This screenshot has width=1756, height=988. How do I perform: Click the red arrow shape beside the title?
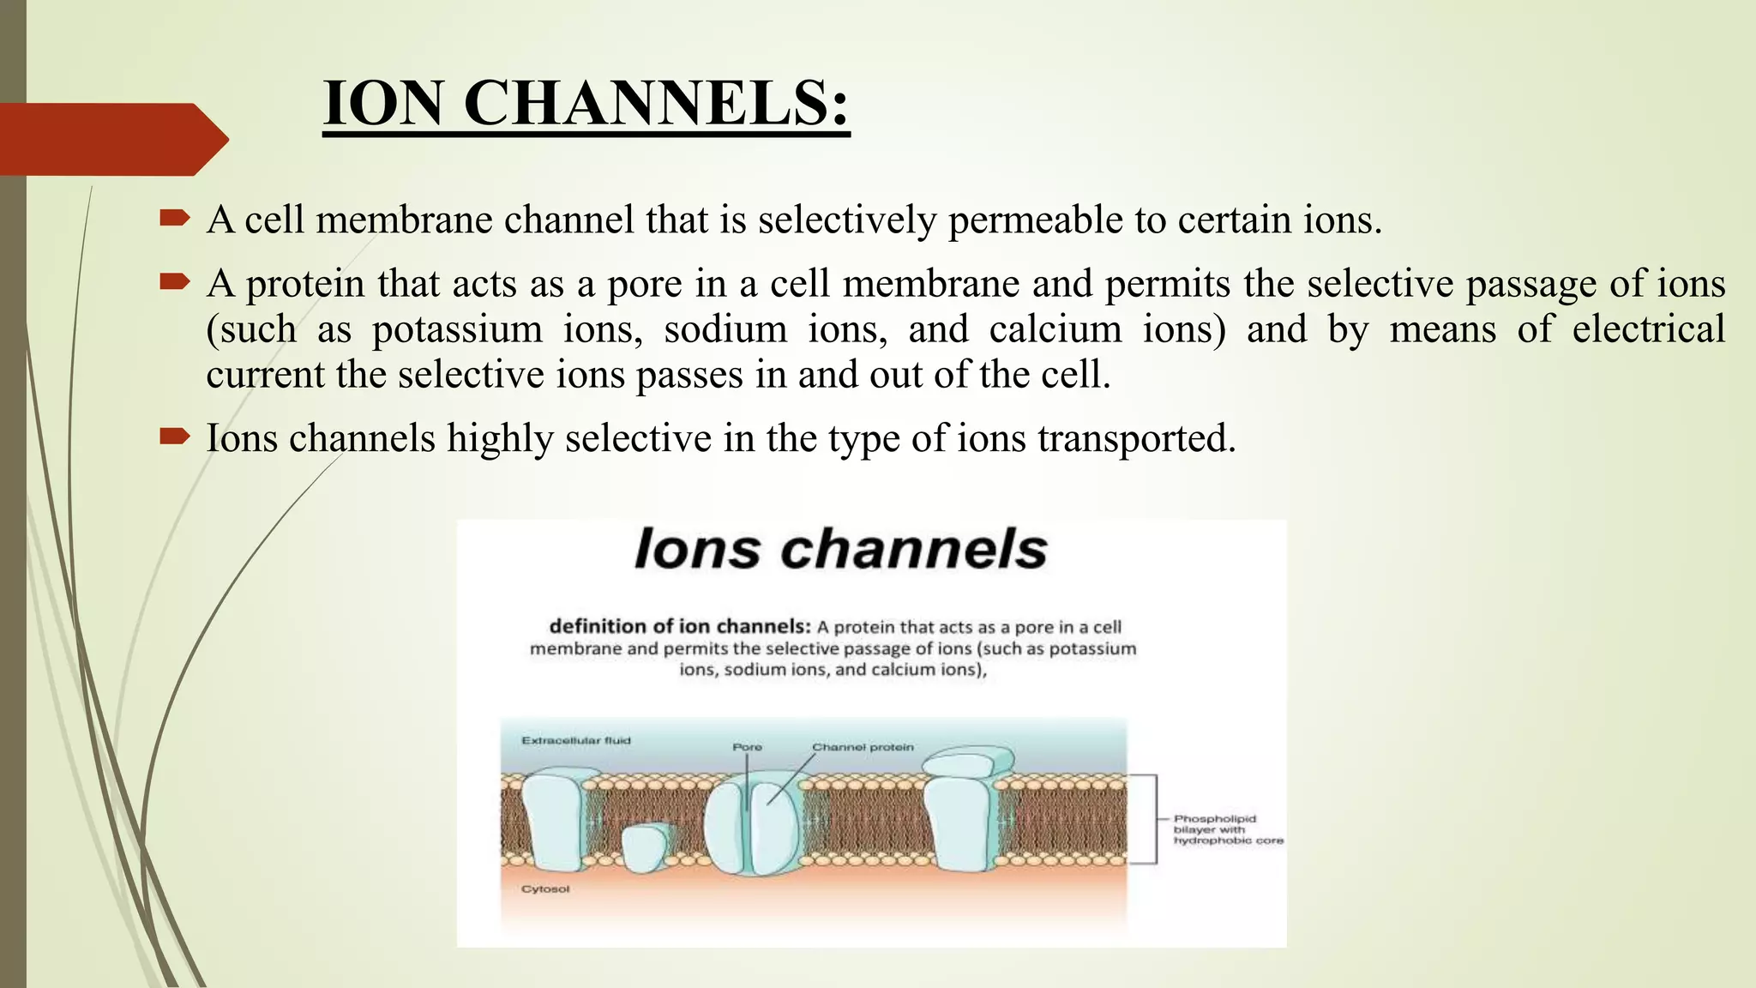pyautogui.click(x=111, y=139)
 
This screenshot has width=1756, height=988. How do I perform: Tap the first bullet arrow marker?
pyautogui.click(x=174, y=220)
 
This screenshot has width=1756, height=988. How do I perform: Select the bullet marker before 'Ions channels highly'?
pyautogui.click(x=174, y=437)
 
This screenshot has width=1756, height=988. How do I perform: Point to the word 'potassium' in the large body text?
pyautogui.click(x=457, y=330)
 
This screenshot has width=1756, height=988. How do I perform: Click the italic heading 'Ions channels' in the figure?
pyautogui.click(x=840, y=549)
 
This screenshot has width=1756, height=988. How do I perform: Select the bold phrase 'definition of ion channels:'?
pyautogui.click(x=679, y=627)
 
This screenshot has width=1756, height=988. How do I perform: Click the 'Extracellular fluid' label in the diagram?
pyautogui.click(x=575, y=740)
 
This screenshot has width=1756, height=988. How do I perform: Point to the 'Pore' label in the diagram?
pyautogui.click(x=747, y=747)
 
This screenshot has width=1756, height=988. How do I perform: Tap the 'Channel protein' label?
pyautogui.click(x=863, y=747)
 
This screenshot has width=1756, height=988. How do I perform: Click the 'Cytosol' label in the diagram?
pyautogui.click(x=545, y=889)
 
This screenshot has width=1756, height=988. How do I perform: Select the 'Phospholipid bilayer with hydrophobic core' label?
pyautogui.click(x=1227, y=829)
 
